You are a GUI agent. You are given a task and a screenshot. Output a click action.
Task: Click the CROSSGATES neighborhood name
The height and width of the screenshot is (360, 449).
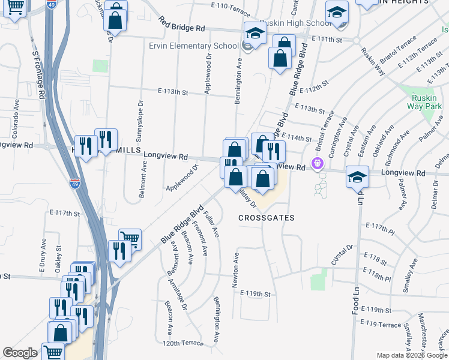pyautogui.click(x=266, y=218)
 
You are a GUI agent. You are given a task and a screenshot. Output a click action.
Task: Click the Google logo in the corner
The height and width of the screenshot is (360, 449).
pyautogui.click(x=20, y=353)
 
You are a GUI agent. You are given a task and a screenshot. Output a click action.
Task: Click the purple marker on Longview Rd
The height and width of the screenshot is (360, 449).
pyautogui.click(x=317, y=163)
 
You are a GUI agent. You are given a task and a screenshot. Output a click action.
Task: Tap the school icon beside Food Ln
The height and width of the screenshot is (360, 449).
pyautogui.click(x=357, y=178)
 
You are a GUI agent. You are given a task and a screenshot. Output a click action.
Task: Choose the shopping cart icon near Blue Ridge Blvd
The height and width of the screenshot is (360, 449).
pyautogui.click(x=129, y=238)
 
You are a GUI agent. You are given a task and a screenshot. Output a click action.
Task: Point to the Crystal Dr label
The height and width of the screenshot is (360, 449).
pyautogui.click(x=342, y=256)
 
